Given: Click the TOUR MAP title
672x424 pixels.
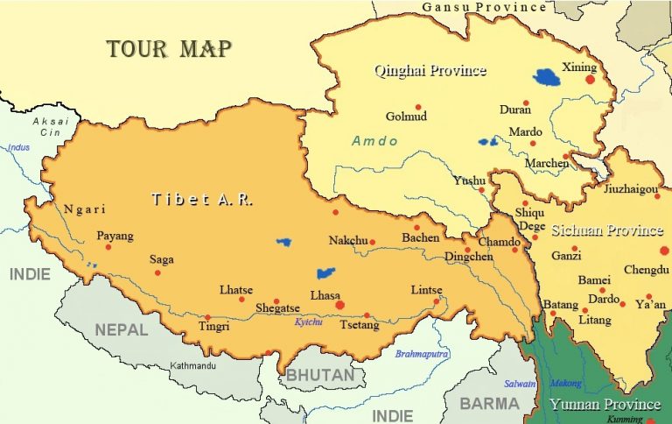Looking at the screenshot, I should click(x=169, y=49).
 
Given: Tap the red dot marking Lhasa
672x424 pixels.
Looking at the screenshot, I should click(x=340, y=305).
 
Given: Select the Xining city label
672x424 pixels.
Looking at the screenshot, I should click(x=578, y=67).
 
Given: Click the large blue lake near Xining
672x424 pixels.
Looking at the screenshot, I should click(x=549, y=78).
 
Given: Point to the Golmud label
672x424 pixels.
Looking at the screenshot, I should click(x=406, y=117).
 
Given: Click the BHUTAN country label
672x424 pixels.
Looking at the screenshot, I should click(x=320, y=375).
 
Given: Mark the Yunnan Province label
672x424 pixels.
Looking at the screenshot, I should click(x=605, y=405).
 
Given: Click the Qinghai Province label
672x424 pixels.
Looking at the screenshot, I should click(x=430, y=70).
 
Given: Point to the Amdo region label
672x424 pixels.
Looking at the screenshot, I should click(x=375, y=141).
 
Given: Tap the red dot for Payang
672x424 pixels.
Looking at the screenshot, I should click(x=108, y=247).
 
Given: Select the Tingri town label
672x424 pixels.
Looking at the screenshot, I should click(x=214, y=327).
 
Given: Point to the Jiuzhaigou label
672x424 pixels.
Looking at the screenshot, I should click(x=632, y=188).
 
